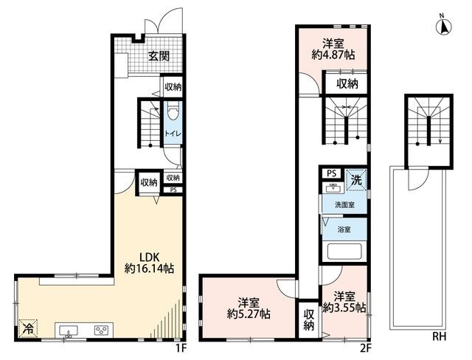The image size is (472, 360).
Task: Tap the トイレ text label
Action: [x=170, y=134]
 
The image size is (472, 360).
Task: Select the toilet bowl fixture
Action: [x=171, y=113]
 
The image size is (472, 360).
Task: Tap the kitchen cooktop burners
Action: [x=100, y=330]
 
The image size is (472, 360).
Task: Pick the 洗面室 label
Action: [x=344, y=205]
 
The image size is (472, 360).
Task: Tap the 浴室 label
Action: [x=344, y=229]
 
